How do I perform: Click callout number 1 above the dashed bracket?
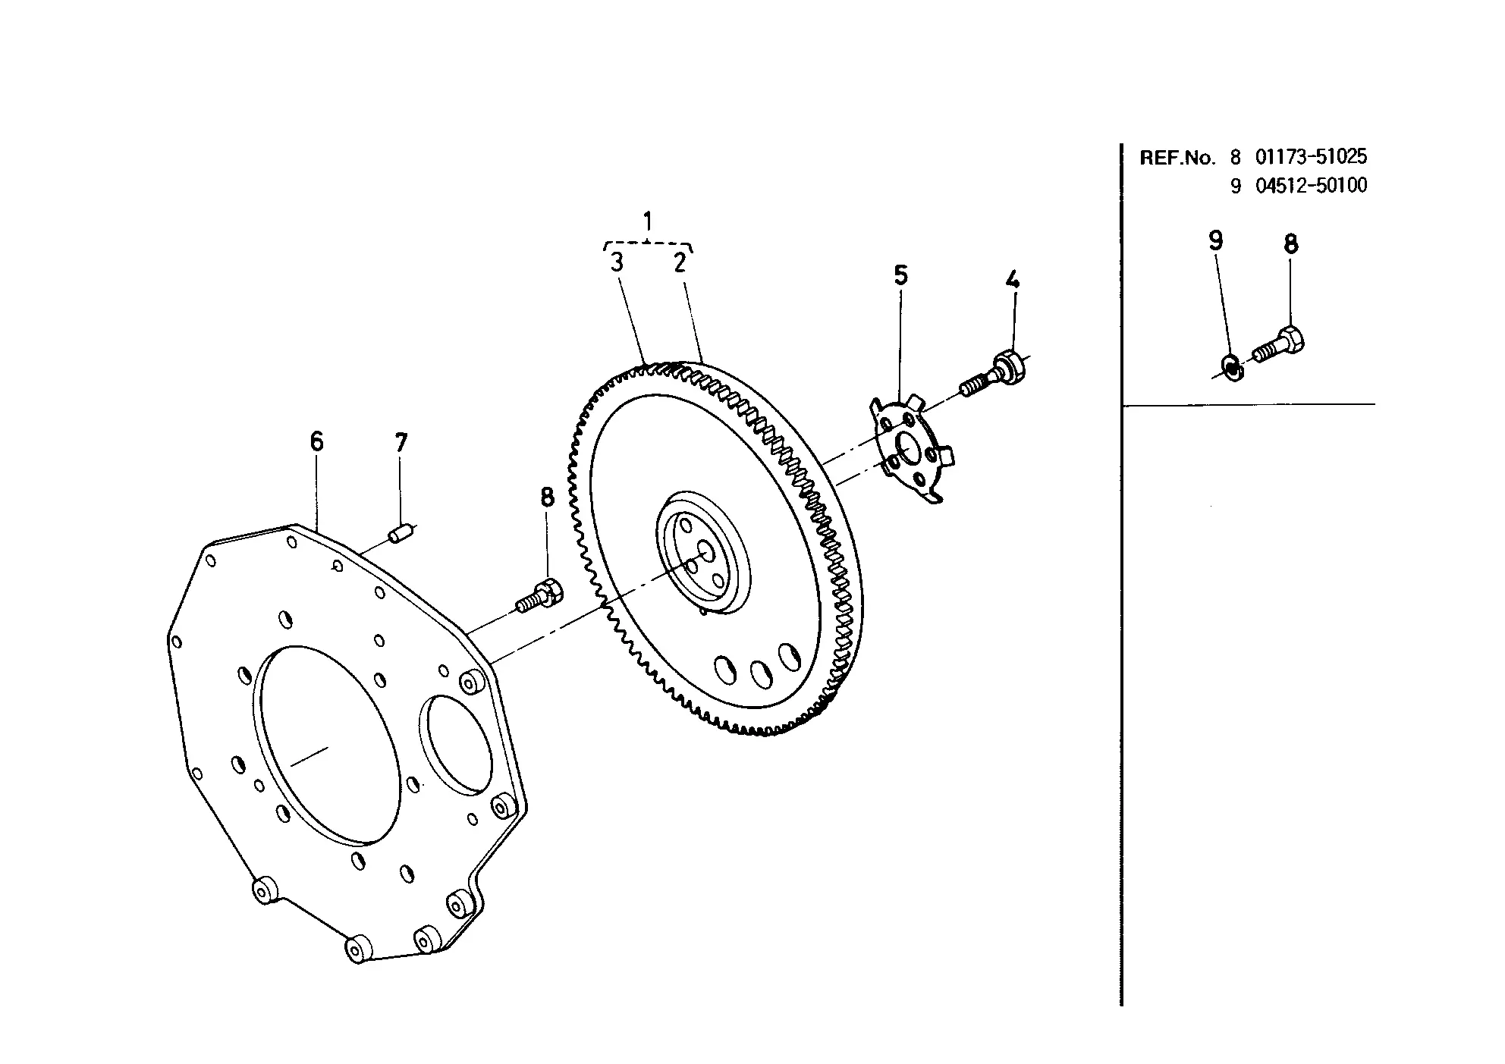[647, 221]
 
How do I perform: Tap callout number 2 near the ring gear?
[680, 262]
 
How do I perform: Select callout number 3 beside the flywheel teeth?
[617, 262]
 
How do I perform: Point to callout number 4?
[1012, 279]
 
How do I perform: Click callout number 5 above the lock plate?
[900, 275]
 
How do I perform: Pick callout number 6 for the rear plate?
[316, 441]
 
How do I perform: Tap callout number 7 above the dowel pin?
[401, 442]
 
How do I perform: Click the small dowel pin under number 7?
[400, 533]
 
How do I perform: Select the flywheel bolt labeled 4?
[994, 375]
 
